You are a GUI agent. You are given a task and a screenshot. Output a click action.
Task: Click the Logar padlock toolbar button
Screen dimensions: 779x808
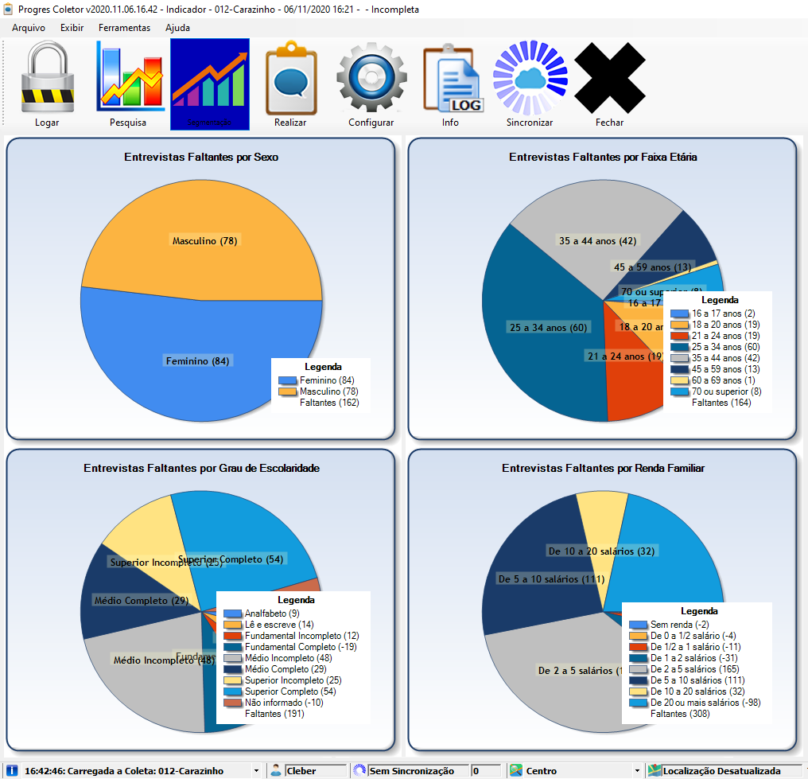(47, 82)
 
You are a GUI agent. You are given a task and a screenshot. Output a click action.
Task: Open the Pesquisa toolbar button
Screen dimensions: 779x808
(128, 82)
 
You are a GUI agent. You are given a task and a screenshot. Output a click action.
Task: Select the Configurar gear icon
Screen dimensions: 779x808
(371, 82)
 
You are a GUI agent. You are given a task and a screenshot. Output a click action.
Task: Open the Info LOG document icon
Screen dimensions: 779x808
(451, 82)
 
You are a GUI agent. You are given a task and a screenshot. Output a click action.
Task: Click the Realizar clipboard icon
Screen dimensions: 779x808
(290, 82)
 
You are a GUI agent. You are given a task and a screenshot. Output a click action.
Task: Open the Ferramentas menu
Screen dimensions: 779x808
(124, 28)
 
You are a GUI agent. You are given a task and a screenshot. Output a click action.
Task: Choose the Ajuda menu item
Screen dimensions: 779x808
(177, 28)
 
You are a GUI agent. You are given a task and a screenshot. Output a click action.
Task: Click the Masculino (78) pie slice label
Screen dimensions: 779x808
(205, 241)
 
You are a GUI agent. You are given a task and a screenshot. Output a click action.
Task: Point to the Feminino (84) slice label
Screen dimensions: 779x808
(197, 361)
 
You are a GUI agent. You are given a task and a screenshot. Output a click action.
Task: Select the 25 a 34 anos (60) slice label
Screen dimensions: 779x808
(539, 327)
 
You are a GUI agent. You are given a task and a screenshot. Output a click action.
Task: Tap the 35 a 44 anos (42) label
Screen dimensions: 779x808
(597, 241)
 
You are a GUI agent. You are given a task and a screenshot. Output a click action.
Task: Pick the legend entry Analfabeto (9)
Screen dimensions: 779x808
(272, 613)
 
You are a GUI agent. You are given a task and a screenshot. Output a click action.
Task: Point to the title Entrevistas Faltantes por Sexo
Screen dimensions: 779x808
(201, 158)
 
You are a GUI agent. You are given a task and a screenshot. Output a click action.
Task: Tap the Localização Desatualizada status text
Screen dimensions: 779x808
(725, 771)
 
